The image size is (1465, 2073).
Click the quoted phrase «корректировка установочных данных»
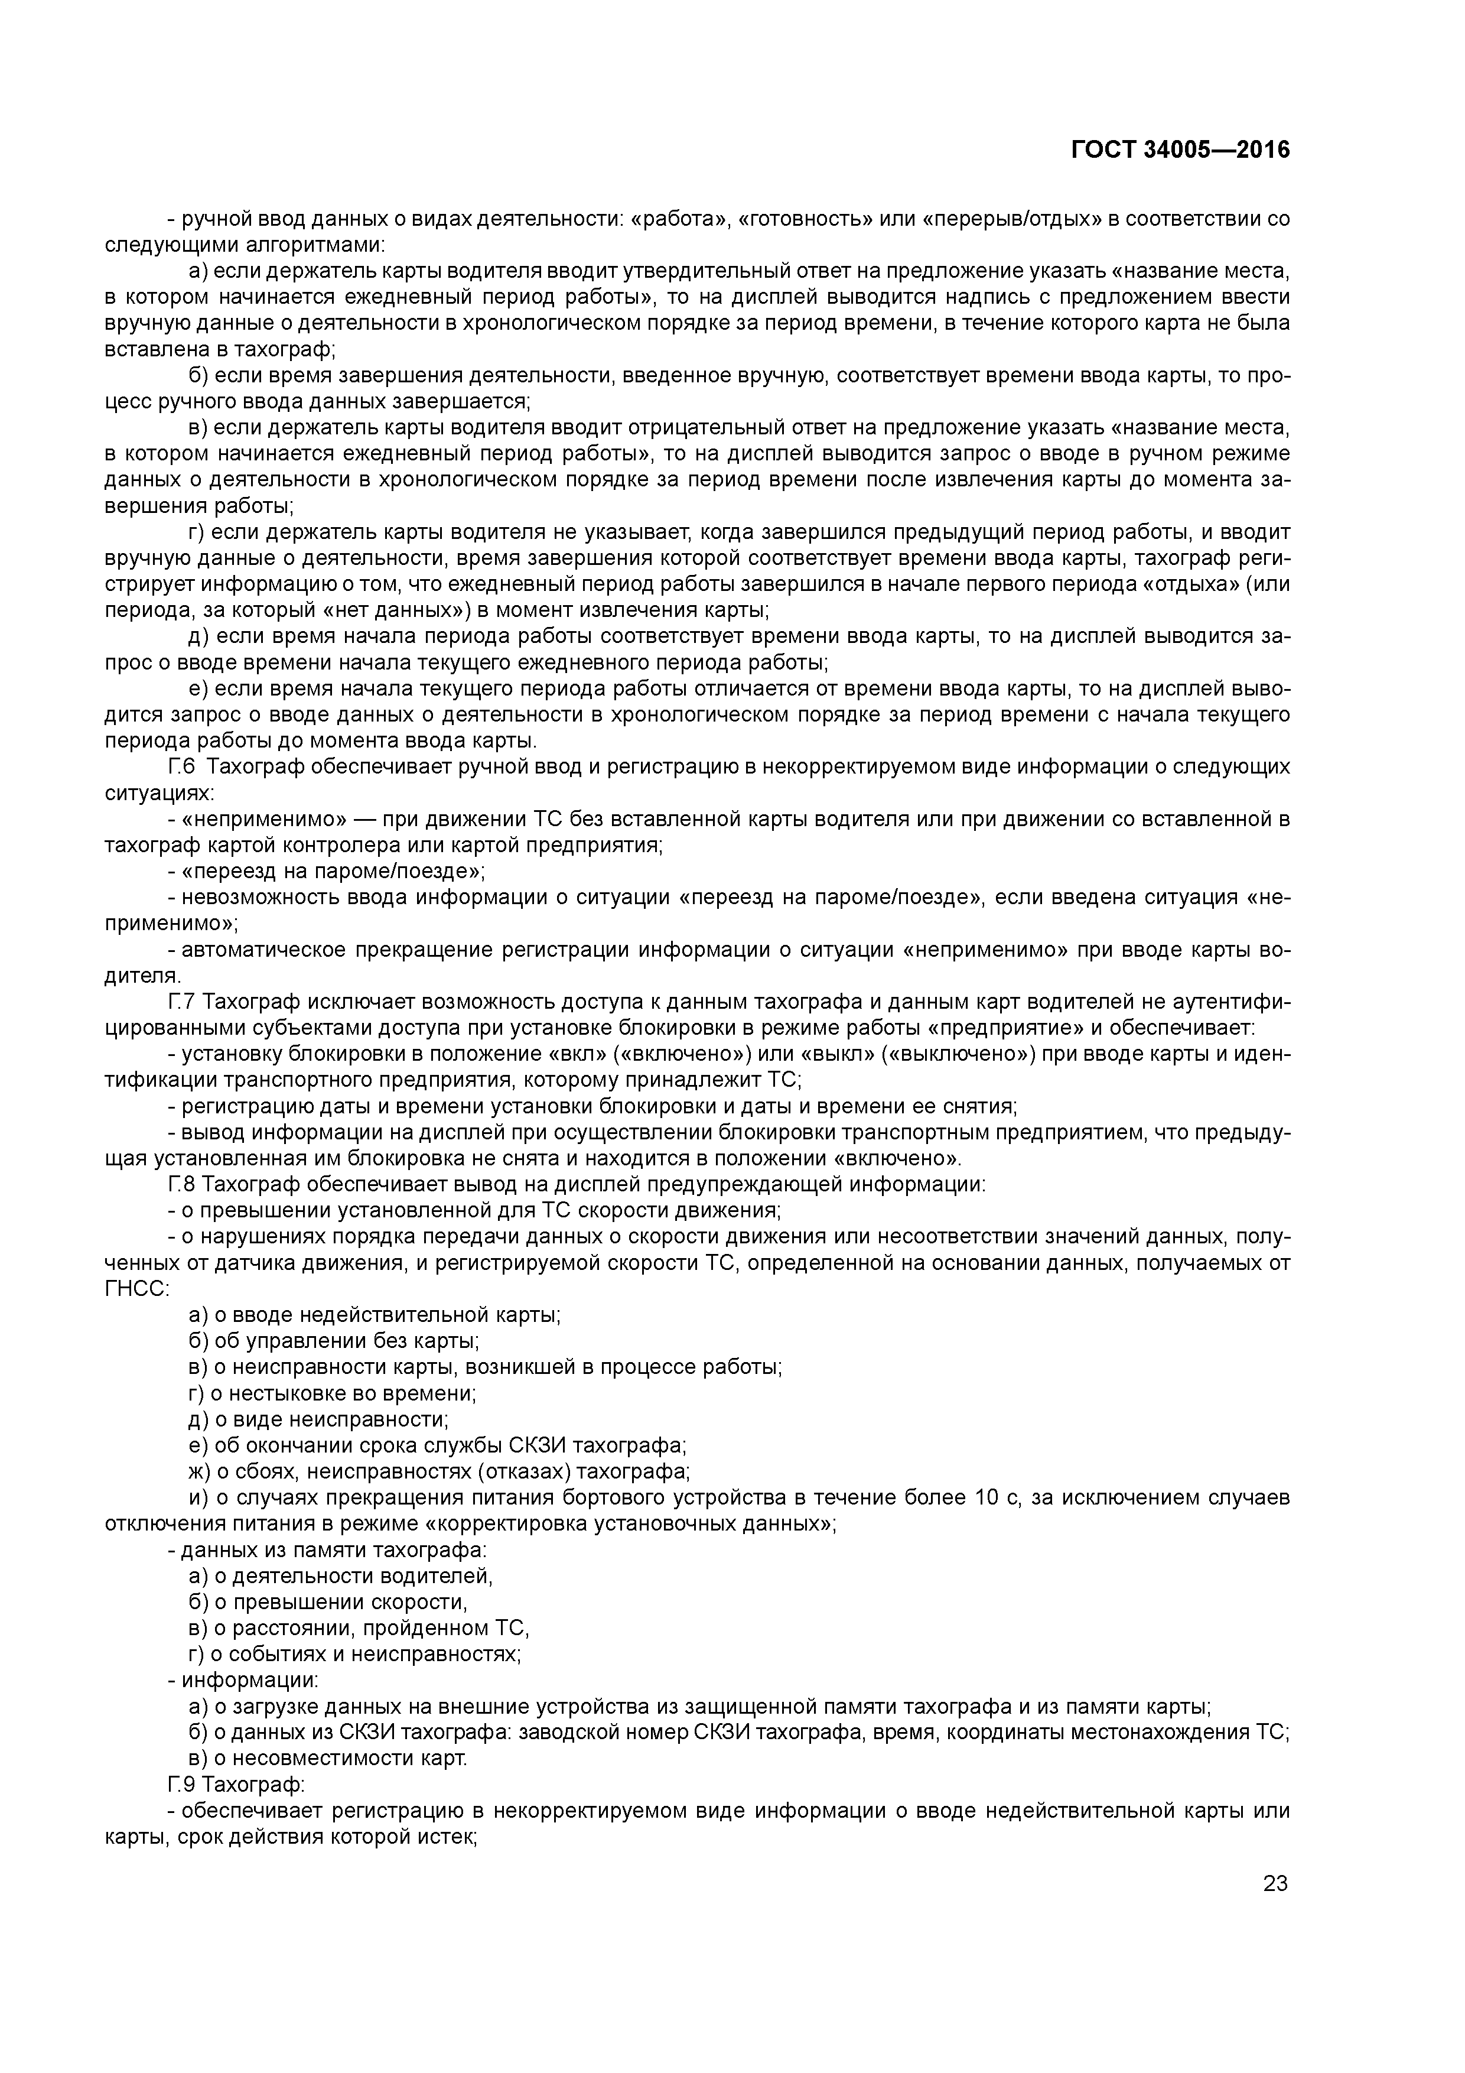tap(629, 1524)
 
